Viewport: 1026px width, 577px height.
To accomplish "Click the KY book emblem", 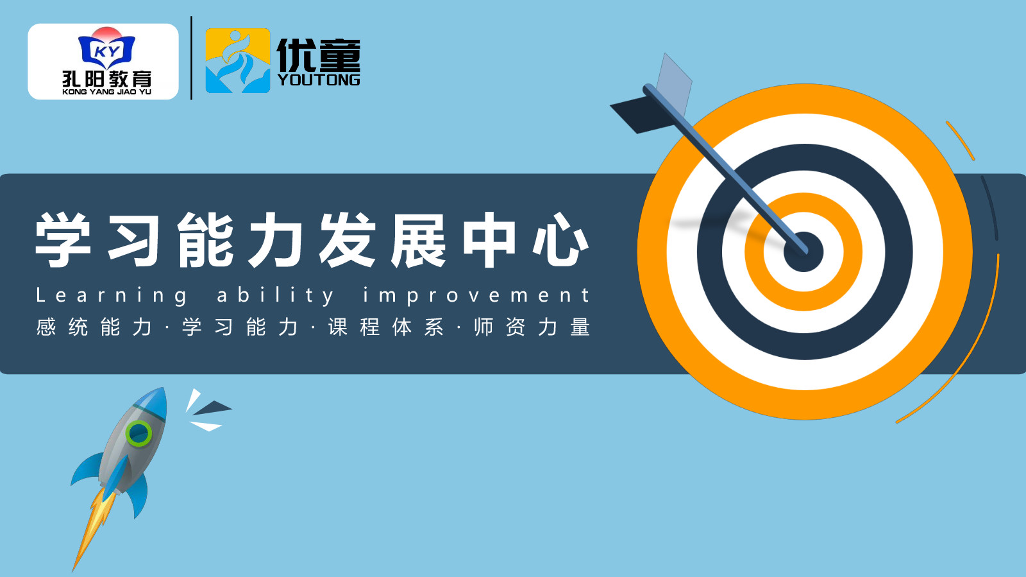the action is coord(106,49).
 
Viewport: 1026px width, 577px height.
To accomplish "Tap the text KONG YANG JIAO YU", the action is coord(106,92).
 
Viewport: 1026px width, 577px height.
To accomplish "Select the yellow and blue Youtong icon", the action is coord(238,60).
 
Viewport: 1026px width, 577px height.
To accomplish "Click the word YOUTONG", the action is coord(319,80).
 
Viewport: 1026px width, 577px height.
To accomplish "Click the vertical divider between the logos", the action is coord(192,58).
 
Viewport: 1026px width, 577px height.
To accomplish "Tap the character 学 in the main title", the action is coord(63,239).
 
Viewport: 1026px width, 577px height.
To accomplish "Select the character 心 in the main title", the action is coord(560,239).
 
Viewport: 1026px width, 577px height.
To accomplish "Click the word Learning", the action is coord(112,296).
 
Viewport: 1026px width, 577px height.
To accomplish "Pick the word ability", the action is coord(276,296).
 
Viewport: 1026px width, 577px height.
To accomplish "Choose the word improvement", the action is coord(476,296).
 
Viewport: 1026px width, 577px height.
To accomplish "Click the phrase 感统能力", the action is coord(94,327).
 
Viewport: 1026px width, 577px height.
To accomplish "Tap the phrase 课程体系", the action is coord(385,327).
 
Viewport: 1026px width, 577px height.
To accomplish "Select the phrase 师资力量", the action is coord(532,327).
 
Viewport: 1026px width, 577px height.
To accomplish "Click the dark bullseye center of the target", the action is coord(803,252).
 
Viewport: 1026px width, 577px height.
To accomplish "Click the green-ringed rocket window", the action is coord(139,433).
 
